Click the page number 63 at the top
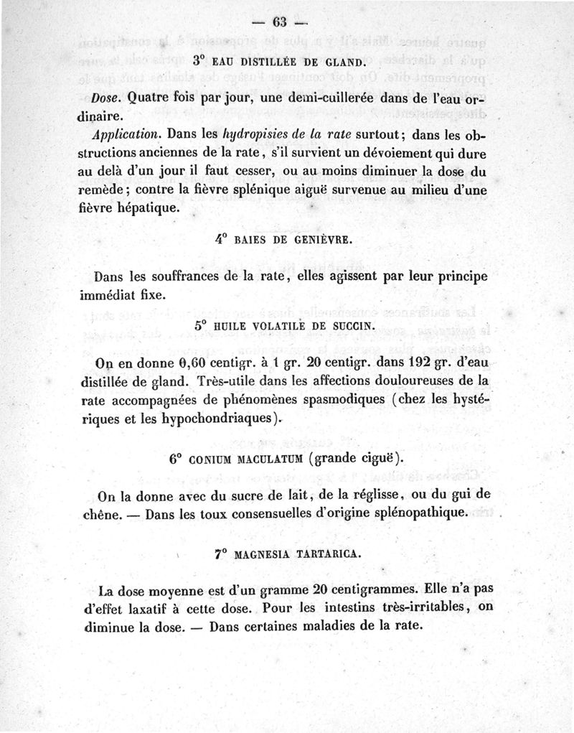(275, 22)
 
